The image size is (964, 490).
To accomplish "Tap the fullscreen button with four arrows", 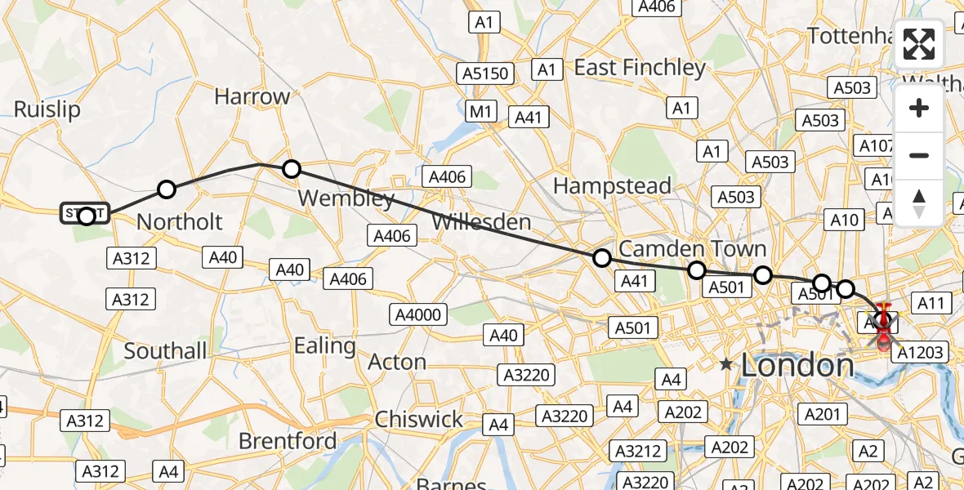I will (x=919, y=44).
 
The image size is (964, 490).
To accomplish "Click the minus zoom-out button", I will (x=919, y=155).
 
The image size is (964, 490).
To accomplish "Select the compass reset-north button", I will (x=919, y=203).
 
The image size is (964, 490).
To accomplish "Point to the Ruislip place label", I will (x=47, y=110).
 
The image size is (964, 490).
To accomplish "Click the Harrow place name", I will (x=252, y=96).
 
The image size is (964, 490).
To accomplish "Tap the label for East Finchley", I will (x=640, y=67).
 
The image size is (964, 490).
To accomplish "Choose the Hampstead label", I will (x=612, y=186).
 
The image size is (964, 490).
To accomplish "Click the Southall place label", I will (x=165, y=351).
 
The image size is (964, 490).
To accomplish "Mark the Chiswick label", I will (x=419, y=420).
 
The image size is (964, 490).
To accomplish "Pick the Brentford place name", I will (x=288, y=441).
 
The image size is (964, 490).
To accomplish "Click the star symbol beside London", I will (x=726, y=364).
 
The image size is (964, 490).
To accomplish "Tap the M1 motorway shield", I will (x=482, y=111).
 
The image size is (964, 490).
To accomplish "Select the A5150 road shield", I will (x=487, y=73).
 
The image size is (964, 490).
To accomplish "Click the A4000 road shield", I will (x=418, y=315).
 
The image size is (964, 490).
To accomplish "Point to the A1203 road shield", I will (x=920, y=353).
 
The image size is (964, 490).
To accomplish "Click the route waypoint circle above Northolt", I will (x=167, y=189).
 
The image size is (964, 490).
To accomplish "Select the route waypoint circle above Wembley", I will (x=292, y=169).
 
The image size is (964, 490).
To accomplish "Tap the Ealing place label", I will (x=325, y=345).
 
